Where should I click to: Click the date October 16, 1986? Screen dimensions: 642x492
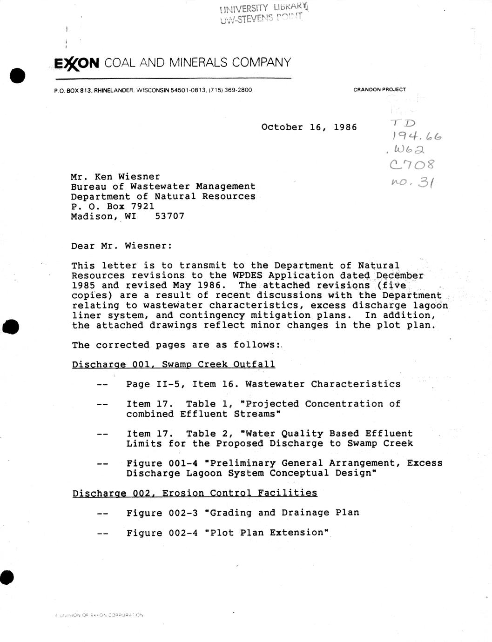pyautogui.click(x=309, y=127)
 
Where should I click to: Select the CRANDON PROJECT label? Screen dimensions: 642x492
pyautogui.click(x=379, y=89)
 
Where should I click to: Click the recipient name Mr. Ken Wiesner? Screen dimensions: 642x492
pyautogui.click(x=115, y=177)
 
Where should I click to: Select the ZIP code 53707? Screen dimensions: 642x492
pyautogui.click(x=169, y=216)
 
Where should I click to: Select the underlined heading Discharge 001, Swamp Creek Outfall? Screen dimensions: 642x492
pyautogui.click(x=173, y=364)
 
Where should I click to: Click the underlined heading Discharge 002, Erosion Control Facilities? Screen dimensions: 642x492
pyautogui.click(x=195, y=493)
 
